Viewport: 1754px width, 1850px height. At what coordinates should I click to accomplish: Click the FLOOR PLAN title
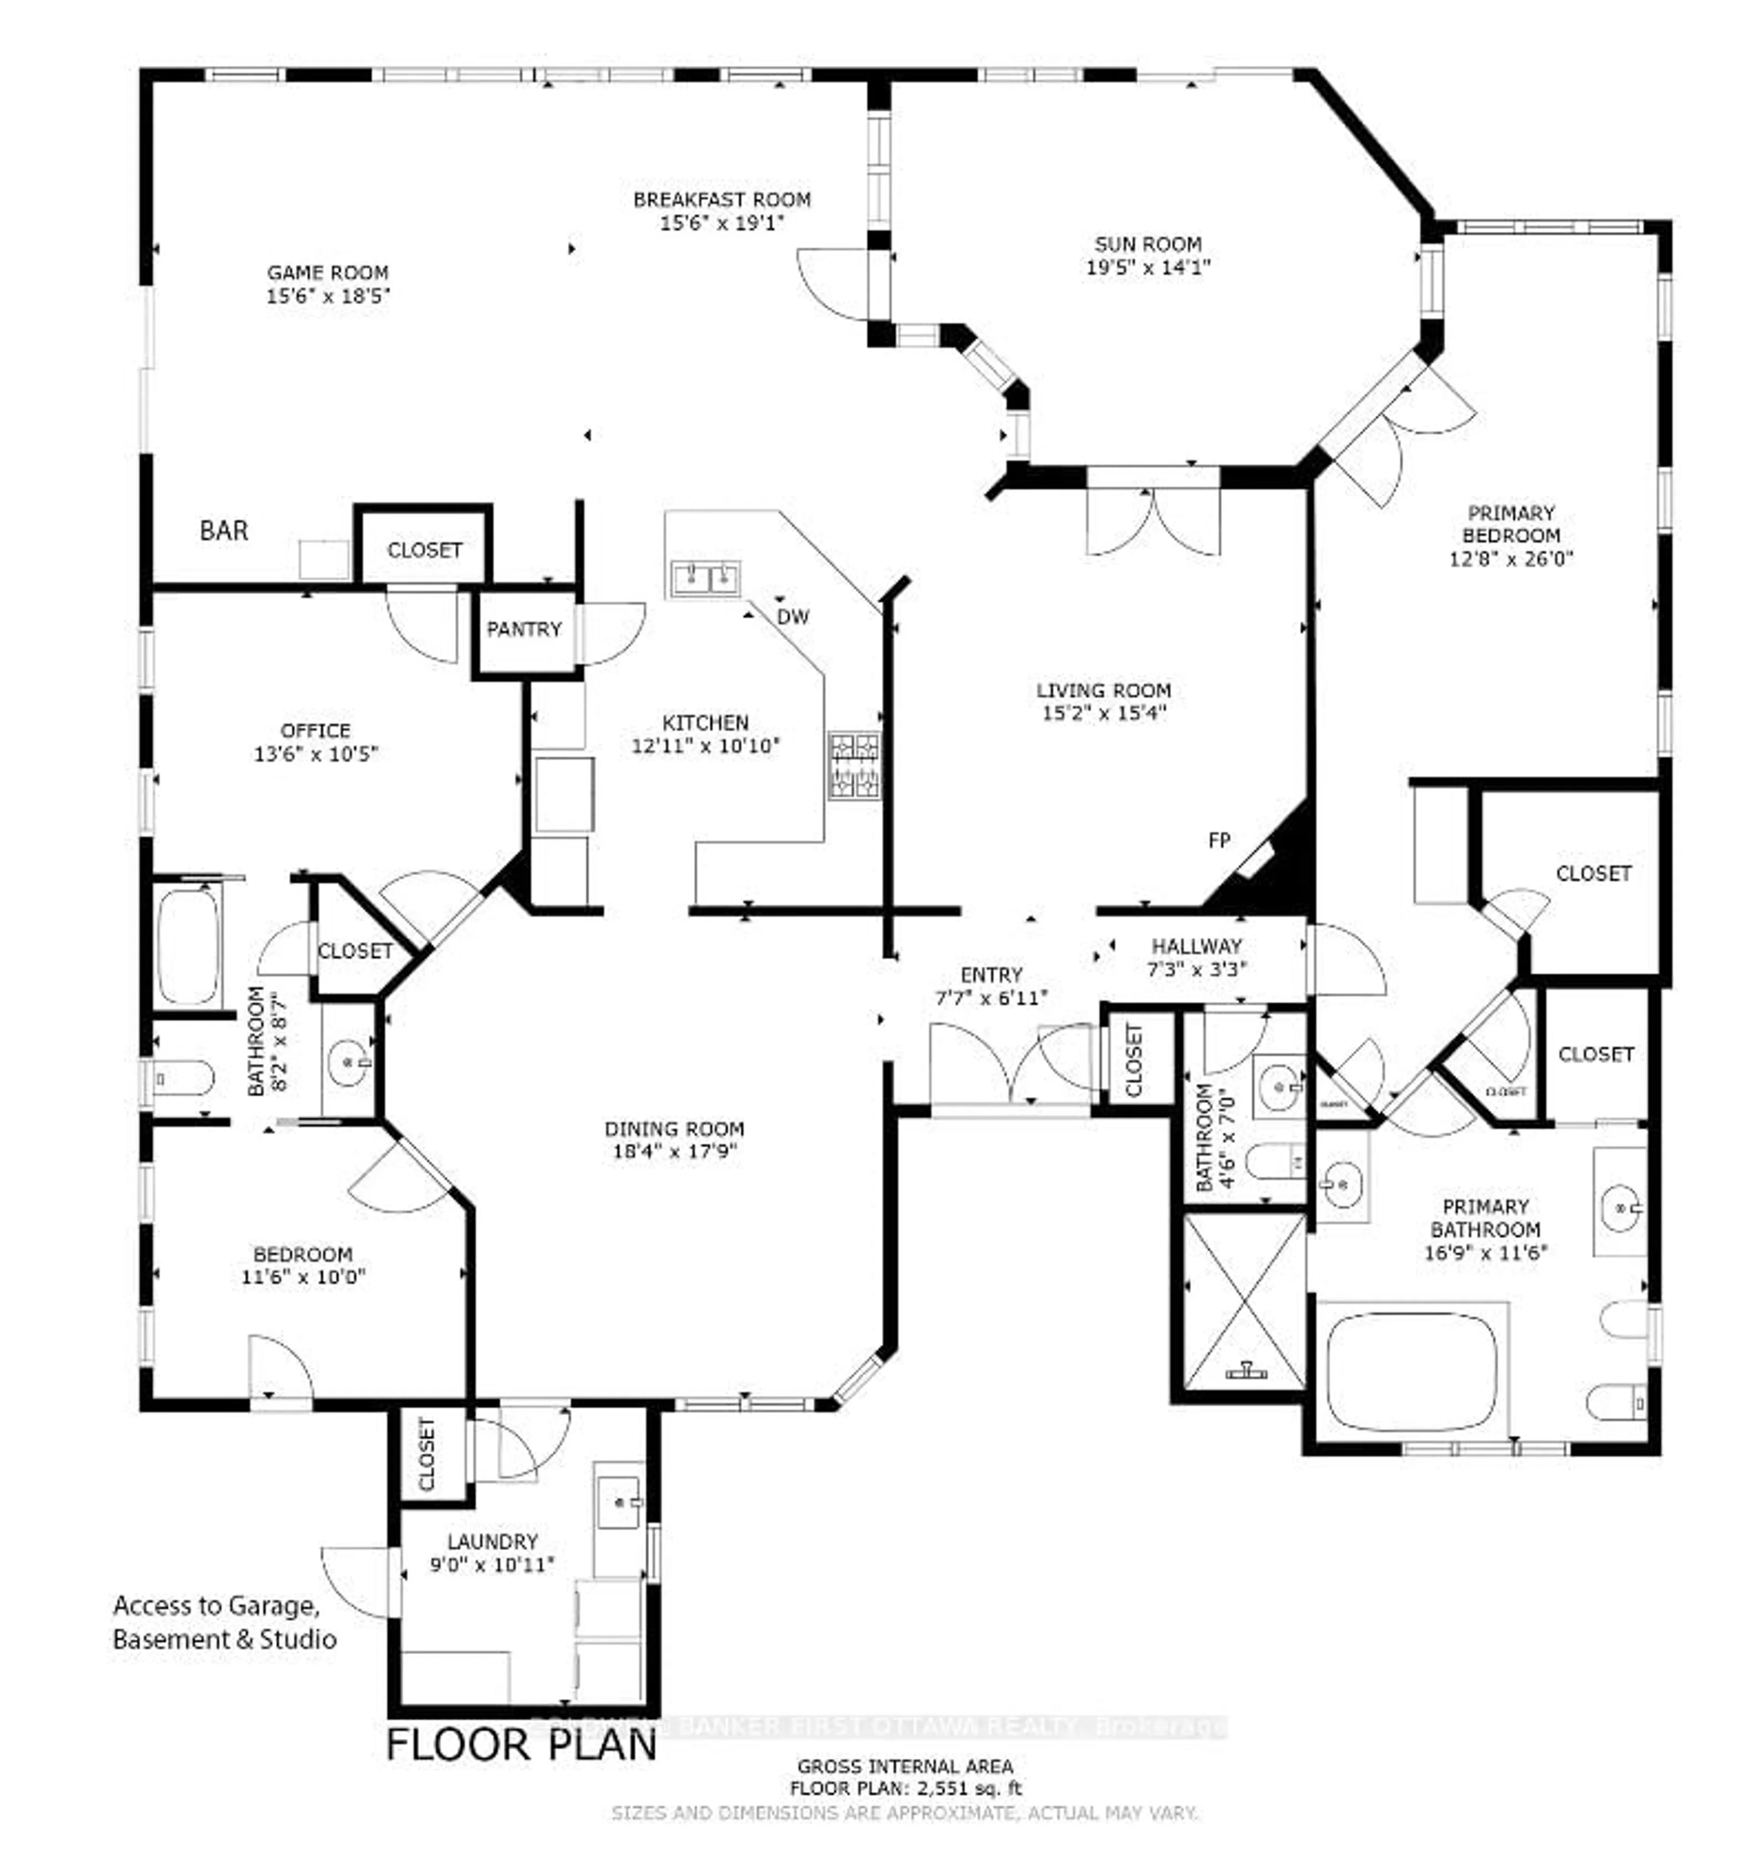pyautogui.click(x=522, y=1744)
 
